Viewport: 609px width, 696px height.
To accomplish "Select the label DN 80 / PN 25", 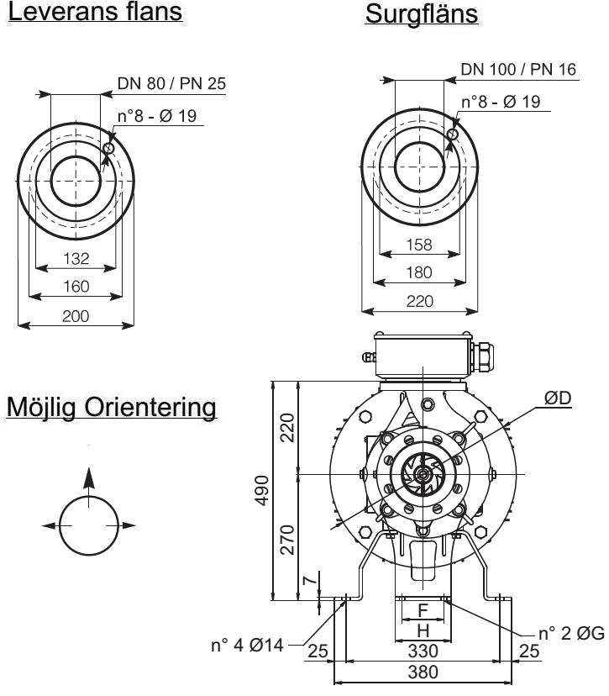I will click(x=172, y=82).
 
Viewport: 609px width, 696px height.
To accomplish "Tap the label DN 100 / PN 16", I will click(x=518, y=69).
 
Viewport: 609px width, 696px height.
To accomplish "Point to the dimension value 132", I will click(x=76, y=258).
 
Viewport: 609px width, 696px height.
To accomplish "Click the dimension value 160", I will click(x=76, y=287).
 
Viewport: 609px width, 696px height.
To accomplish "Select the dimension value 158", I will click(x=420, y=245).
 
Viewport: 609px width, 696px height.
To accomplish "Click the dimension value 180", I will click(x=420, y=272).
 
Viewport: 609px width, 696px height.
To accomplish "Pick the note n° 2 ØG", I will click(x=571, y=632).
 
